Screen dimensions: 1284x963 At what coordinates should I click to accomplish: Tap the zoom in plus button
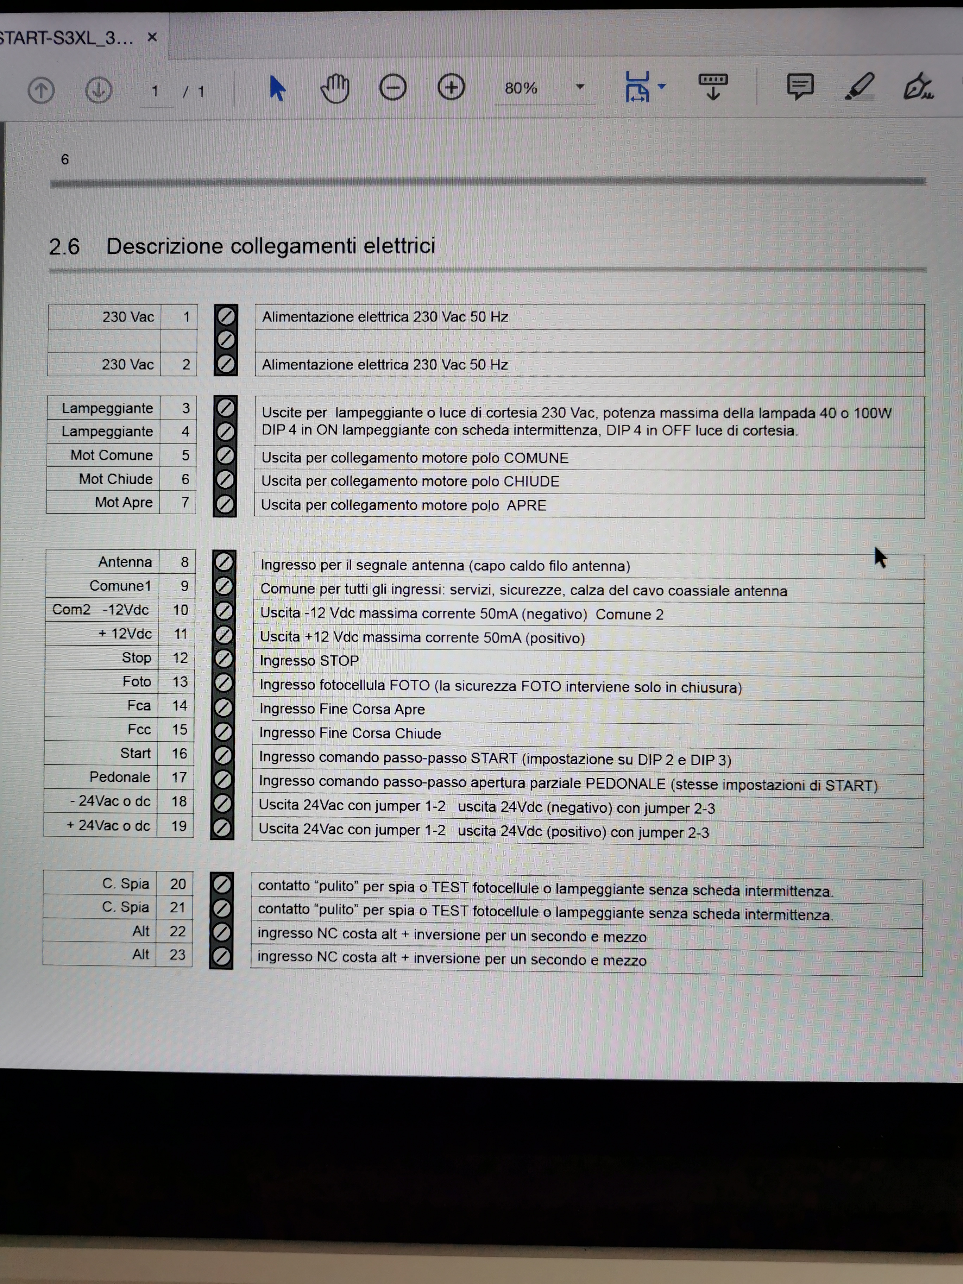(x=451, y=88)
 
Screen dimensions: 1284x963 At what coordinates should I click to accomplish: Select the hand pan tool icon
(x=335, y=89)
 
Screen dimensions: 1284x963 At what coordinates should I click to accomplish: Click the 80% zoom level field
(x=521, y=88)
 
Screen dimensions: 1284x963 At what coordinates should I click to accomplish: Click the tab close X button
(x=152, y=38)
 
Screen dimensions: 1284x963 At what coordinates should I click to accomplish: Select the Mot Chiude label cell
(x=115, y=479)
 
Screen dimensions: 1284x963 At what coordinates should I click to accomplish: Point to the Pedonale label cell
(x=120, y=777)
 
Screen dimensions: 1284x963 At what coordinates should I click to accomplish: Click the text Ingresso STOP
(x=309, y=661)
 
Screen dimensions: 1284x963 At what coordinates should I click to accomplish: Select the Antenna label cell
(x=125, y=562)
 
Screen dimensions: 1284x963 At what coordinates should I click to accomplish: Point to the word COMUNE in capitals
(x=536, y=458)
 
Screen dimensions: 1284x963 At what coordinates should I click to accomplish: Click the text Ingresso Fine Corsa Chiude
(x=350, y=733)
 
